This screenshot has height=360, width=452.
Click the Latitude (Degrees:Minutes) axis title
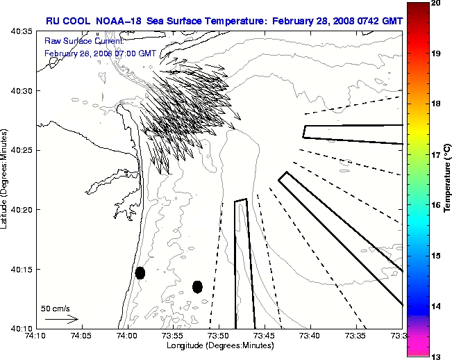[x=5, y=179]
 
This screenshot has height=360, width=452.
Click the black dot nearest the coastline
[x=140, y=272]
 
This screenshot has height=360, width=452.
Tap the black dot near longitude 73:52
[x=197, y=286]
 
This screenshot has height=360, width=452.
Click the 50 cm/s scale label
[x=56, y=309]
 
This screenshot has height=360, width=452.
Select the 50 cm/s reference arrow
[x=61, y=319]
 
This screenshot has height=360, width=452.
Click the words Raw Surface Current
[x=75, y=42]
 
